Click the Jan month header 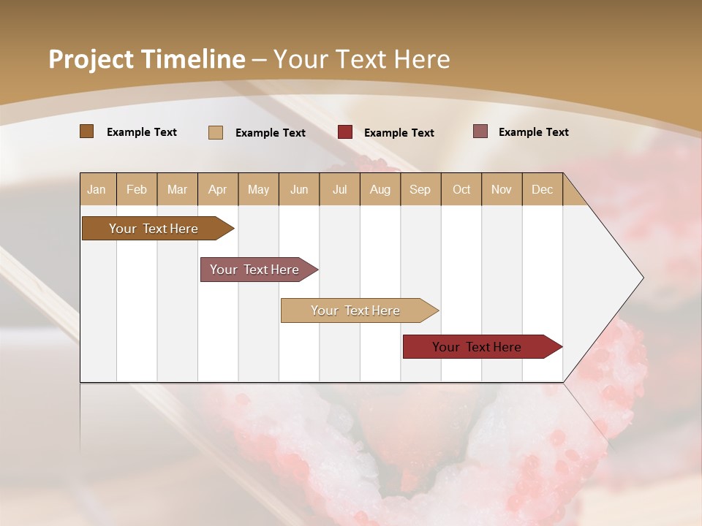click(x=97, y=189)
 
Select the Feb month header click(x=137, y=189)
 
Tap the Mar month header click(x=177, y=189)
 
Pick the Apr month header click(x=218, y=189)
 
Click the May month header click(x=258, y=189)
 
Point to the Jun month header click(x=299, y=189)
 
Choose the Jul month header click(x=339, y=189)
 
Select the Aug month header click(x=380, y=189)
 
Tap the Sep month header click(x=420, y=189)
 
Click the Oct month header click(x=461, y=189)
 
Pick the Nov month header click(x=502, y=189)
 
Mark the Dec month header click(x=543, y=189)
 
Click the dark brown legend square click(x=87, y=131)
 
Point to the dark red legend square click(x=345, y=132)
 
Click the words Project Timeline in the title click(x=147, y=59)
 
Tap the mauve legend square click(x=480, y=131)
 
